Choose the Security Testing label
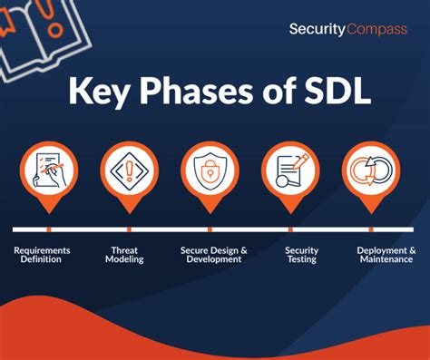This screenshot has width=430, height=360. coord(301,255)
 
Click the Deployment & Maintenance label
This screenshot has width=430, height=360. coord(386,255)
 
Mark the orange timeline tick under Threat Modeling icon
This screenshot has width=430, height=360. coord(129,229)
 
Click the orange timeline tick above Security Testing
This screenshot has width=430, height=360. coord(290,229)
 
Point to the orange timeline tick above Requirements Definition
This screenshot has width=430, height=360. coord(48,229)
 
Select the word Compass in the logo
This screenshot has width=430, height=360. coord(375,30)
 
